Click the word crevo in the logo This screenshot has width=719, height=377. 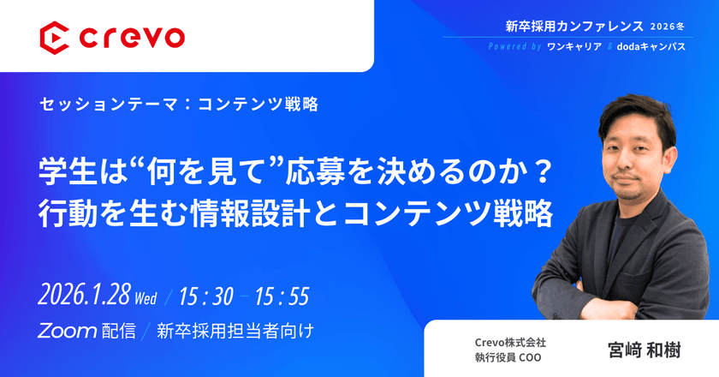click(129, 37)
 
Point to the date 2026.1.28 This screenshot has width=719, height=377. click(85, 296)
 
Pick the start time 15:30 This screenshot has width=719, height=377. click(205, 296)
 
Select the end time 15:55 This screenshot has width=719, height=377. click(281, 296)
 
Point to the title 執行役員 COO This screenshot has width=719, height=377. click(510, 358)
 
